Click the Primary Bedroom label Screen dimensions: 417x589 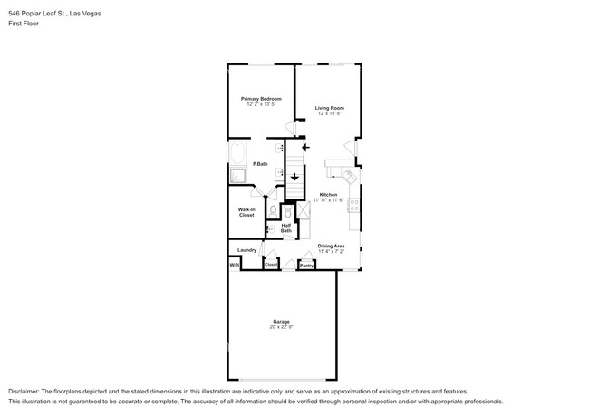[261, 98]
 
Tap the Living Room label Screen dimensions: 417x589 [330, 108]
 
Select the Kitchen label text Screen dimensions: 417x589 [328, 194]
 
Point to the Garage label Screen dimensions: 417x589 [282, 322]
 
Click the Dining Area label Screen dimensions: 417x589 [331, 246]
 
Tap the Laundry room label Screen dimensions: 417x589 [246, 250]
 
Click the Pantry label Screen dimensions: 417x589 [306, 266]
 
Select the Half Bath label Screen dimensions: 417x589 [286, 228]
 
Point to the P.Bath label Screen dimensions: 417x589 [260, 163]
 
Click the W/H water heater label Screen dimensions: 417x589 [233, 265]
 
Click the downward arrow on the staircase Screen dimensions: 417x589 [294, 178]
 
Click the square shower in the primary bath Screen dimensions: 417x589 [237, 176]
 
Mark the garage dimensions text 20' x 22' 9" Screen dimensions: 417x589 [282, 327]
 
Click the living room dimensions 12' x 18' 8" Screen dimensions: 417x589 [330, 114]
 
